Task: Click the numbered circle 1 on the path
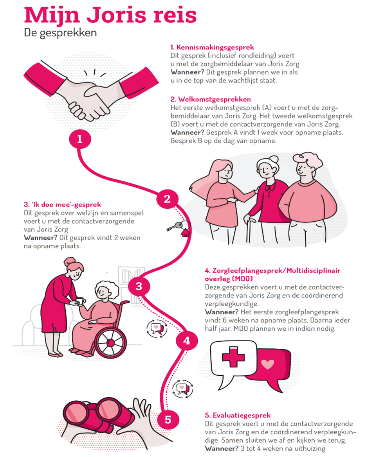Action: click(x=80, y=139)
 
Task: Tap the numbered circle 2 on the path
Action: click(x=167, y=199)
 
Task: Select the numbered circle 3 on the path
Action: click(x=139, y=286)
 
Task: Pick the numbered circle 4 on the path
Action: click(x=187, y=341)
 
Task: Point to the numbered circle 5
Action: click(x=168, y=420)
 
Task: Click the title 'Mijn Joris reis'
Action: click(x=110, y=15)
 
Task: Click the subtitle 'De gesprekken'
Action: click(x=60, y=33)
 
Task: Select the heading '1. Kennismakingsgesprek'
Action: click(x=212, y=47)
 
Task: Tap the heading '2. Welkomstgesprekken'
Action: click(x=211, y=99)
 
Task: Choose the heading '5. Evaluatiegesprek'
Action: click(x=238, y=415)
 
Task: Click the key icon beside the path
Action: click(x=175, y=226)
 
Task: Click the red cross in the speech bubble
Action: click(x=233, y=357)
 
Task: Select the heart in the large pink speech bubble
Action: click(x=268, y=364)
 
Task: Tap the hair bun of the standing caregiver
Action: click(x=70, y=261)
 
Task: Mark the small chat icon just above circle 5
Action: click(x=183, y=389)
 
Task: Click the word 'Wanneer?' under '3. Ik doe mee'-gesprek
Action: click(x=41, y=238)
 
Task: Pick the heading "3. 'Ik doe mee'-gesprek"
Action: click(x=63, y=204)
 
